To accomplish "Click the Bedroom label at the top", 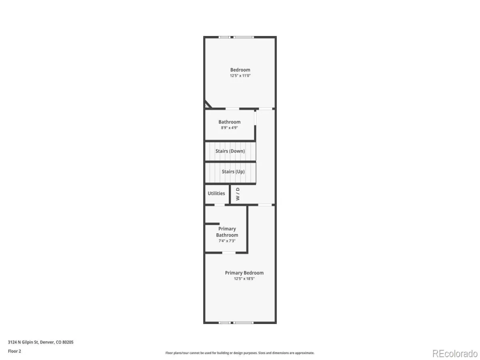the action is click(x=240, y=70).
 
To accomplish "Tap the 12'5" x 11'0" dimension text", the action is click(x=240, y=76).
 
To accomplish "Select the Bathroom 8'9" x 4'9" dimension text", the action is click(x=229, y=128).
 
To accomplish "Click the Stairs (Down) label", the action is click(x=230, y=151).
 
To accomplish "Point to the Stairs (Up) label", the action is click(x=233, y=172).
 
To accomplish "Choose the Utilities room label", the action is click(x=216, y=193).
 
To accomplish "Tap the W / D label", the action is click(x=238, y=194).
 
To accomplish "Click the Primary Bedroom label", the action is click(x=244, y=273).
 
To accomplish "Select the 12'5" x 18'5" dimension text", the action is click(x=244, y=278).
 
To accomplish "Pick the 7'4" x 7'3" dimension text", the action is click(x=227, y=241).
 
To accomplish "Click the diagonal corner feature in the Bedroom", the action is click(x=208, y=104).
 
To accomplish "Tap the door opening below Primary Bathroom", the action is click(x=229, y=253).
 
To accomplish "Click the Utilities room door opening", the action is click(x=219, y=205).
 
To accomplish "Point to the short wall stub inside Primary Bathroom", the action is click(x=212, y=224).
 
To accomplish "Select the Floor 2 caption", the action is click(x=14, y=351).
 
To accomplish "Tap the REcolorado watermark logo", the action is click(x=455, y=354).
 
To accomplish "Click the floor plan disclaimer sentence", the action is click(x=240, y=353).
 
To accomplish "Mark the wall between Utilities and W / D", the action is click(x=230, y=194).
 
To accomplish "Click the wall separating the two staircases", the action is click(x=230, y=162).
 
